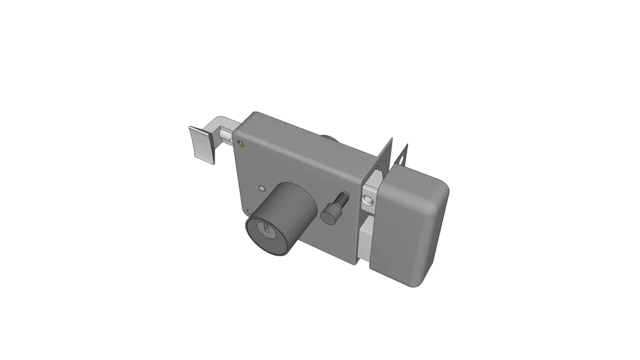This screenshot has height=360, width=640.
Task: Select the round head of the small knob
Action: (329, 214)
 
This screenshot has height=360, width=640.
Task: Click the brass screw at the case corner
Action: (243, 143)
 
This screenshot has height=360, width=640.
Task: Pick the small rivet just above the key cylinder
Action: (262, 188)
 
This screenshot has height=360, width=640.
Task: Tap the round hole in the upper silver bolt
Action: (366, 203)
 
